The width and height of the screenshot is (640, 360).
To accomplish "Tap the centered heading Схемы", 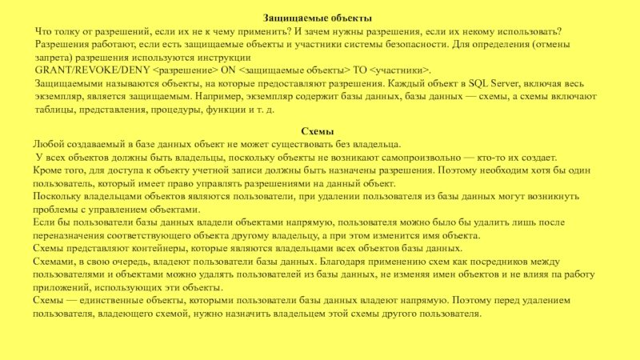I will (x=317, y=131).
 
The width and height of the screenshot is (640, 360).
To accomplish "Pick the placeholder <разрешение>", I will (x=182, y=70).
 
